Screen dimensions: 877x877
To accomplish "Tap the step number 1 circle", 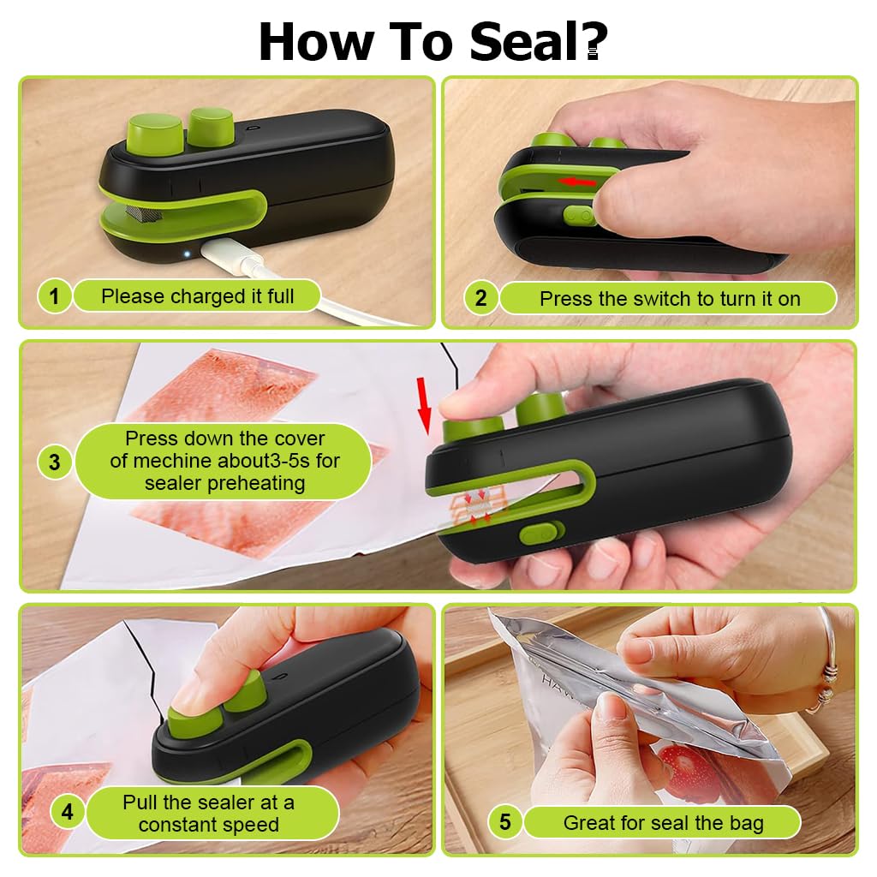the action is (54, 295).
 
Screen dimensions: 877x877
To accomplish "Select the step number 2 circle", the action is (481, 298).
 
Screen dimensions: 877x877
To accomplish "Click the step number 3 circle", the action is (54, 462).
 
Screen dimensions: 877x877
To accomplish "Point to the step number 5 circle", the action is (505, 821).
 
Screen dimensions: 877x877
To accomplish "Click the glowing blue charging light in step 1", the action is (187, 254).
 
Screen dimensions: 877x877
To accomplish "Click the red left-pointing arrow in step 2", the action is (577, 182).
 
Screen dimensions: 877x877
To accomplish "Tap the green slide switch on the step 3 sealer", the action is (541, 533).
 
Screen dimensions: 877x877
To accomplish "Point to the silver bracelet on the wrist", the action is (827, 660).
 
